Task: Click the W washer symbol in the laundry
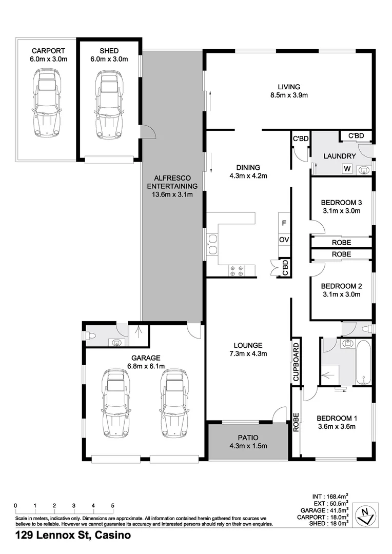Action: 347,168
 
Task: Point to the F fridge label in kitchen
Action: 284,223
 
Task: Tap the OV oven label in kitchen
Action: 284,240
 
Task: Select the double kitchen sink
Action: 212,244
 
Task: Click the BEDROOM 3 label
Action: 341,202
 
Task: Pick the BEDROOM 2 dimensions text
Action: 341,295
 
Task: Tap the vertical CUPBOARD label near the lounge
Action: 296,361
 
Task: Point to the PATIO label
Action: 248,438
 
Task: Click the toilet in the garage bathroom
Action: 92,336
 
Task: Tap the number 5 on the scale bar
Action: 112,506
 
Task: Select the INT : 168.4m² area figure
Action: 330,496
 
